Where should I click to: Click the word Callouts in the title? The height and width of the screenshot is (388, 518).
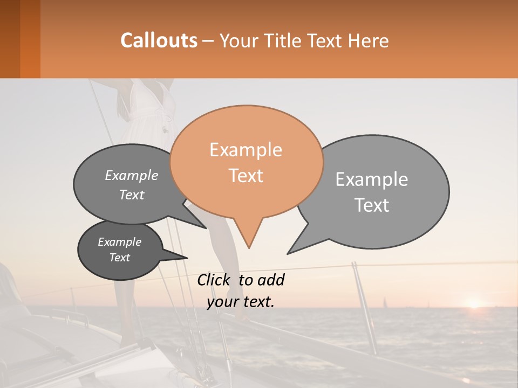[x=159, y=40]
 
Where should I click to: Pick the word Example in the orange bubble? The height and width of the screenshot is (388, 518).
[x=246, y=150]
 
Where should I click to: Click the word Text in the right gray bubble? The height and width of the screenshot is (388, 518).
[x=372, y=205]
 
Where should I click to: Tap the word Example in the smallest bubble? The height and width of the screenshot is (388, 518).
[x=120, y=242]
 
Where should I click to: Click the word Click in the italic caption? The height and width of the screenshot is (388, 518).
[x=214, y=280]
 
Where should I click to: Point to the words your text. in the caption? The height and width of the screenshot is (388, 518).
[x=241, y=302]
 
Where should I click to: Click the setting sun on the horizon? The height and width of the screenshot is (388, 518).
[x=474, y=304]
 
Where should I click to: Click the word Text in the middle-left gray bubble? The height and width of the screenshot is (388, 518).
[x=132, y=195]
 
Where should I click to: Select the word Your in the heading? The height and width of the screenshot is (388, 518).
[x=240, y=40]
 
